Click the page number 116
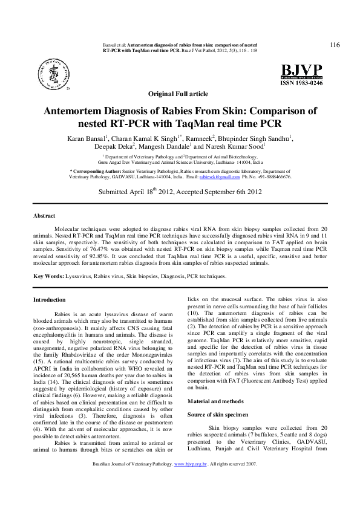point(334,45)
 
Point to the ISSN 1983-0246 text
point(301,83)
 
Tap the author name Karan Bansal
point(88,138)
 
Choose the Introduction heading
point(50,299)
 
